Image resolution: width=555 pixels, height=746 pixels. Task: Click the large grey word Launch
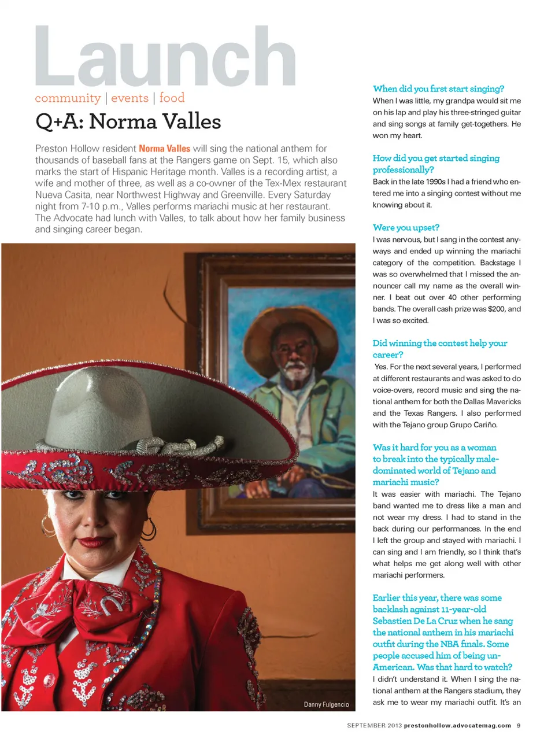(165, 57)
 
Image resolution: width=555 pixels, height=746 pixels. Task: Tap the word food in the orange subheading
(172, 98)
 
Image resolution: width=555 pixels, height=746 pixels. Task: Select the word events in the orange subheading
(129, 98)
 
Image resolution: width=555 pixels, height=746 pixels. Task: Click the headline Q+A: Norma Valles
(128, 122)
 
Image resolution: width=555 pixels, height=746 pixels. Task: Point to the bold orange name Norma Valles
(164, 149)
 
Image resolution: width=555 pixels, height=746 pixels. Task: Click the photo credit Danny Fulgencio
(326, 704)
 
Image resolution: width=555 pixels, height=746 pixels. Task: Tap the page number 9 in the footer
(519, 725)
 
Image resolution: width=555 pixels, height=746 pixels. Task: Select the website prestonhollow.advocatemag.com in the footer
(457, 725)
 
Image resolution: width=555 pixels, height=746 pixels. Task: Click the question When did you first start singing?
(438, 88)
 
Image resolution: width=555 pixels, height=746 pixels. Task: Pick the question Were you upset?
(406, 227)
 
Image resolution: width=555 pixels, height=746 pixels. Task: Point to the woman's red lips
(94, 542)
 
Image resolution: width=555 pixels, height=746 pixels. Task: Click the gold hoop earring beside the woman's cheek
(48, 526)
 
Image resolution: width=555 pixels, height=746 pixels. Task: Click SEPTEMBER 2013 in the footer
(374, 725)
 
